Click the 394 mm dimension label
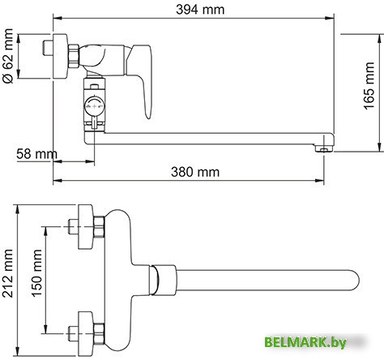[x=192, y=9]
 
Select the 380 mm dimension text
[x=195, y=171]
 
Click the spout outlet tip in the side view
[x=325, y=149]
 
